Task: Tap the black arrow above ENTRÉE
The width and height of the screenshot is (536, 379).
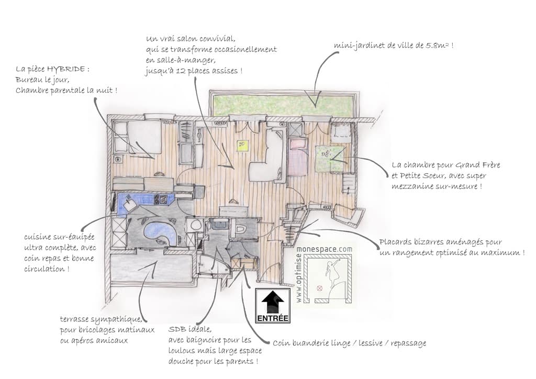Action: [273, 302]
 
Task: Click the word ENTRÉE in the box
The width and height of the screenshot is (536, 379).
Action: [273, 318]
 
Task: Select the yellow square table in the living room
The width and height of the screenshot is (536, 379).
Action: [242, 145]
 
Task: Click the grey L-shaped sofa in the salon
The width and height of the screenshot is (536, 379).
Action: [270, 155]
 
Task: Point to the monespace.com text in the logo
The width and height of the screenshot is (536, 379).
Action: [325, 250]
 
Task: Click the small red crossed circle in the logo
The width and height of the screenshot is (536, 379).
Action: [320, 288]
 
